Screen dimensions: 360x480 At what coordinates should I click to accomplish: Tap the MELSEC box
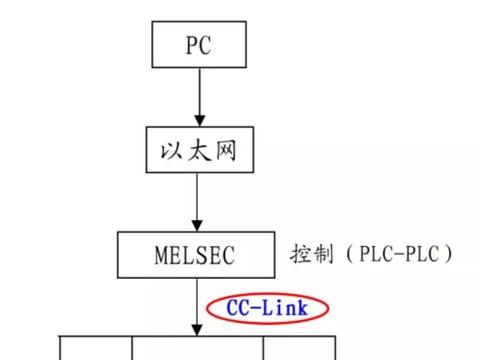point(197,255)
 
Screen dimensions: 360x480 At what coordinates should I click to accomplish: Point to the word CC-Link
point(271,307)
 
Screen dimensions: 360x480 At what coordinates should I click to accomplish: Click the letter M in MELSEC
point(163,255)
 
